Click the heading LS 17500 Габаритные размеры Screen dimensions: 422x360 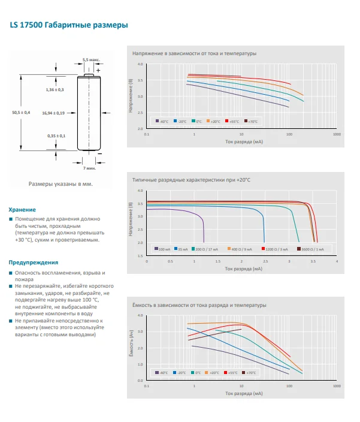coord(68,26)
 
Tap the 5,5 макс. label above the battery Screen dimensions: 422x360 coord(90,60)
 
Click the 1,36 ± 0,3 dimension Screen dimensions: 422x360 coord(55,89)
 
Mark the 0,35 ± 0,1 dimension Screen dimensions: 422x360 coord(56,136)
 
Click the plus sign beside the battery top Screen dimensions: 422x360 coord(98,70)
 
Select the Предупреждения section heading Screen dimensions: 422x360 coord(33,263)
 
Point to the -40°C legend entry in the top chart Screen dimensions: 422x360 coord(161,122)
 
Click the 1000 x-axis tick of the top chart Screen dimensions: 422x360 coord(337,134)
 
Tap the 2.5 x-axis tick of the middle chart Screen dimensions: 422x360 coord(265,261)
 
